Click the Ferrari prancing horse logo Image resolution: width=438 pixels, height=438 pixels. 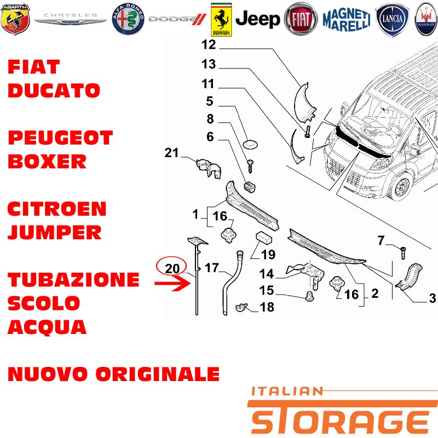pos(221,20)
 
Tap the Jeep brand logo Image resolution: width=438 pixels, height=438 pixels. pos(257,19)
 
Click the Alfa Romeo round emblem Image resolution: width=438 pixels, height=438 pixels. pos(128,19)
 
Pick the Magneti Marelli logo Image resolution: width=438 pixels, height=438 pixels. pos(347,19)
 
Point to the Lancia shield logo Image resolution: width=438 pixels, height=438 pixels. pos(392,19)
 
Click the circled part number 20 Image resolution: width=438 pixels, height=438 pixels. pos(172,268)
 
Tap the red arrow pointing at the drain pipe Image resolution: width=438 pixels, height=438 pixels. pos(172,283)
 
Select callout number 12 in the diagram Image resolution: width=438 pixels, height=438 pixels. pos(209,45)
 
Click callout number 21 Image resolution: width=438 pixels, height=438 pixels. pos(171,153)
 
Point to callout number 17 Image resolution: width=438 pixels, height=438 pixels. pos(212,268)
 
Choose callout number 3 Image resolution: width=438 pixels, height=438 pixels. pos(433,298)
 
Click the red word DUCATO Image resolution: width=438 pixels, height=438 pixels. pos(54,90)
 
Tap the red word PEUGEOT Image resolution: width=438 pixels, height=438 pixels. pos(60,138)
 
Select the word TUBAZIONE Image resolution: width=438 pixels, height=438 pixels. pos(73,280)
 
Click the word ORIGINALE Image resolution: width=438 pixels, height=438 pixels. pos(158,374)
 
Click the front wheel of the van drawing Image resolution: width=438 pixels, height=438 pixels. pos(401,186)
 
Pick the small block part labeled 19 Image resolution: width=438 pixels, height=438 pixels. pos(264,238)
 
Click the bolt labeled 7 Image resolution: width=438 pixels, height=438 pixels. pos(403,253)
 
